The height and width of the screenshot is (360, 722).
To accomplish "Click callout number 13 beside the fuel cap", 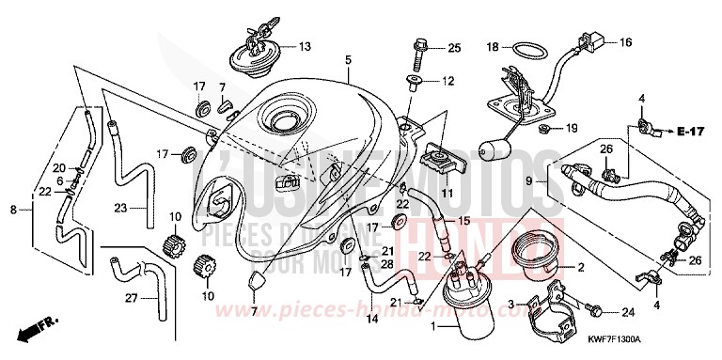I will coord(305,46).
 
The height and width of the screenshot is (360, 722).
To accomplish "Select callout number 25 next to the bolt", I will coord(455,48).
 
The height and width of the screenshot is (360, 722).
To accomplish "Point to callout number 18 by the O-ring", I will coord(492,45).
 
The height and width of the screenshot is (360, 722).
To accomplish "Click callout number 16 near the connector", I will coord(625,42).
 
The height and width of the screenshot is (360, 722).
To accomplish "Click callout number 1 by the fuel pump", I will coord(433,325).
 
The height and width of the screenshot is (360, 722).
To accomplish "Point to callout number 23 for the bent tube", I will coord(119,208).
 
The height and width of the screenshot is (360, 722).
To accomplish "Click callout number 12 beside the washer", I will coord(447,82).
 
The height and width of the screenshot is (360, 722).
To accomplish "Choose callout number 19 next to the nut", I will coord(571,127).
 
